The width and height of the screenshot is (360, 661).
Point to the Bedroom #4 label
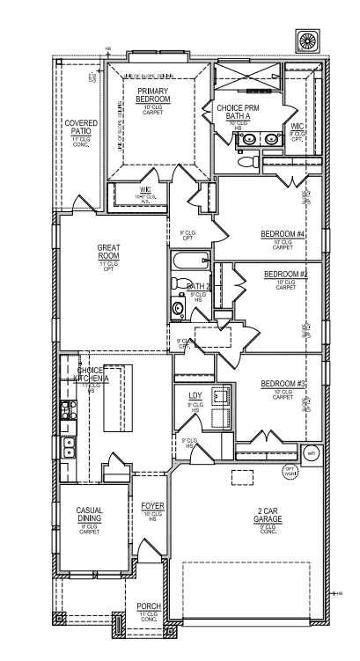[283, 234]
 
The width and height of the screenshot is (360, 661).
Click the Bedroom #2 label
[285, 275]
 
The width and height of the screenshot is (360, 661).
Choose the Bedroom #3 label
[283, 384]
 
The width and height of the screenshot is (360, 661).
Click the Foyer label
[153, 507]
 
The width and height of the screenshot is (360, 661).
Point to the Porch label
[149, 607]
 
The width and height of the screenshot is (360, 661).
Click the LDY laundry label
[195, 395]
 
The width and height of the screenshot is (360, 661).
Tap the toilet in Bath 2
[179, 309]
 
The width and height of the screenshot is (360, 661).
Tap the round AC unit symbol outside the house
[310, 40]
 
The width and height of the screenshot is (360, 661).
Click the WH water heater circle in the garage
[311, 453]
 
